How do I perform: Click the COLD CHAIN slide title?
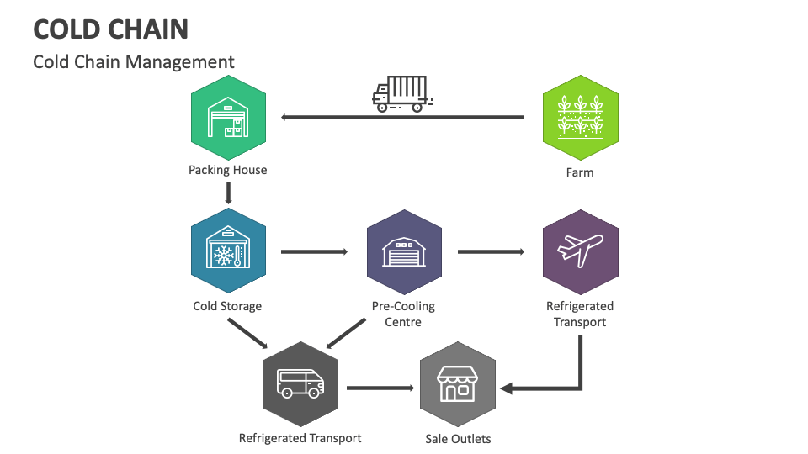click(110, 29)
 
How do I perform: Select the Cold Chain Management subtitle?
click(134, 62)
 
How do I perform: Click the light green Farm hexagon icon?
click(580, 119)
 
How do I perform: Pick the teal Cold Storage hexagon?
click(228, 251)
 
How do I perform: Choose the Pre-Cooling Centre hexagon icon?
click(404, 251)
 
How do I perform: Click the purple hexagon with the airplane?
click(580, 251)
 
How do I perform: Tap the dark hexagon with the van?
click(300, 385)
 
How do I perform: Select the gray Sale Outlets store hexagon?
click(457, 385)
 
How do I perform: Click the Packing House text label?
click(228, 170)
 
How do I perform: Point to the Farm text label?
click(580, 172)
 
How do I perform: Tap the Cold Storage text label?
click(227, 306)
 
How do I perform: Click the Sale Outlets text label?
click(459, 439)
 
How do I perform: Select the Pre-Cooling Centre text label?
click(404, 314)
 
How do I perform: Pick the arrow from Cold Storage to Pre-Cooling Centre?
click(314, 251)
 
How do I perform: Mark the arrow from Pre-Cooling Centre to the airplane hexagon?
click(491, 251)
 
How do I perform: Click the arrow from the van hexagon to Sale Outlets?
click(380, 388)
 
